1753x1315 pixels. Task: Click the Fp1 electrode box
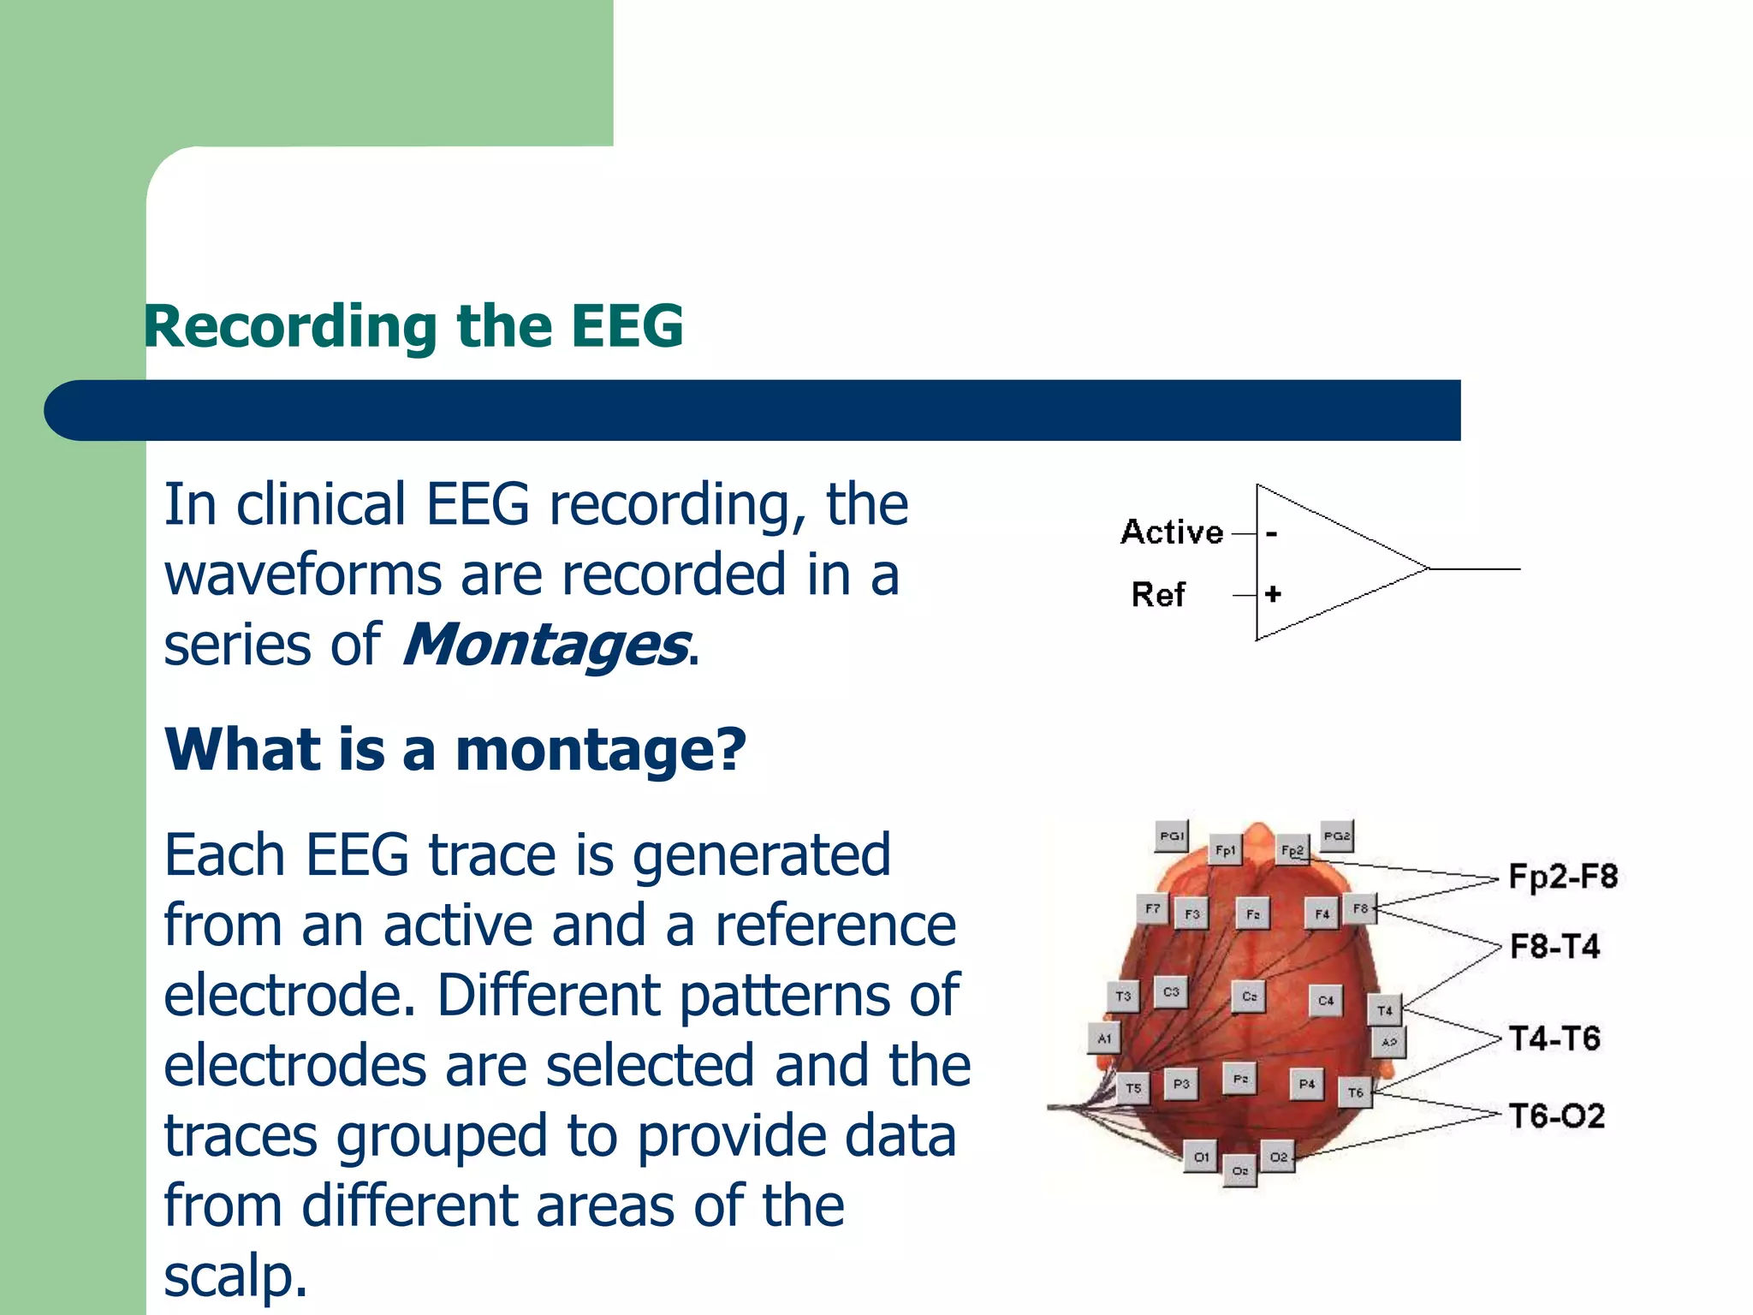(1225, 850)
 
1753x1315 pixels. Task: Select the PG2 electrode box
(1336, 836)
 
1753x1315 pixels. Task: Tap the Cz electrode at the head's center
(1249, 997)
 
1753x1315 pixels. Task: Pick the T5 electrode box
(1133, 1088)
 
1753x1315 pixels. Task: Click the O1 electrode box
(1201, 1157)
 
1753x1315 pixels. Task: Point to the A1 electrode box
(1104, 1038)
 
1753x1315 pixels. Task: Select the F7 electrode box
(1152, 908)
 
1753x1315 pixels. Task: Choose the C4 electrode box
(1325, 1000)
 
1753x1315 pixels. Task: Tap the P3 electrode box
(1181, 1084)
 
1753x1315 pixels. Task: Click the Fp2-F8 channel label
(1563, 877)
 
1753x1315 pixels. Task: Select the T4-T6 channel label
(1554, 1038)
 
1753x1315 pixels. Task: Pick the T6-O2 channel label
(1556, 1116)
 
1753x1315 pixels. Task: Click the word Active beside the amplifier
(1172, 532)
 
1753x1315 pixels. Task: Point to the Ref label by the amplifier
(1158, 594)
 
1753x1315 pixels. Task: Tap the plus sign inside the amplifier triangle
(1273, 593)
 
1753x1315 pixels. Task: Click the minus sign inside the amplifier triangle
(1272, 534)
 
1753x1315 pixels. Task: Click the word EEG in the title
(627, 326)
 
